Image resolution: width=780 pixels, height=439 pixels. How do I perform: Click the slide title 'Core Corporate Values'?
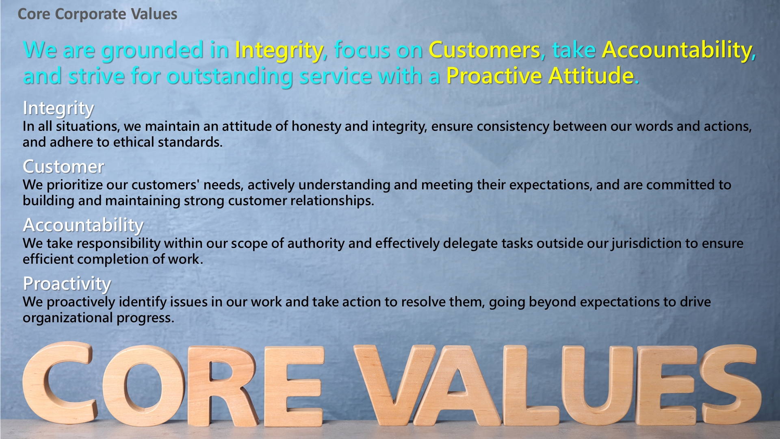(97, 14)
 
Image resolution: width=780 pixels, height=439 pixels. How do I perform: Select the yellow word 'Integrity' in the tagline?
(279, 51)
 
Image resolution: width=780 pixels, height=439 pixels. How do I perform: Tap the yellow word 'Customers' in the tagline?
(485, 50)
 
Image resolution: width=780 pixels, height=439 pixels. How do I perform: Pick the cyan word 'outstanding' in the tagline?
(230, 76)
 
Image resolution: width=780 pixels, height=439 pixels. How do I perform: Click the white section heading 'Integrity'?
(58, 109)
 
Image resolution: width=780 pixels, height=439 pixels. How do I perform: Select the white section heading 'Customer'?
(63, 167)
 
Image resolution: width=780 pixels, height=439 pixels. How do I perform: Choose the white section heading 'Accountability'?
(83, 226)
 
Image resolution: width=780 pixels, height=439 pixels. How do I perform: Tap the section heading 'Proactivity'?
(67, 284)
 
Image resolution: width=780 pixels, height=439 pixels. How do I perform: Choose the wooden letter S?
(731, 384)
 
